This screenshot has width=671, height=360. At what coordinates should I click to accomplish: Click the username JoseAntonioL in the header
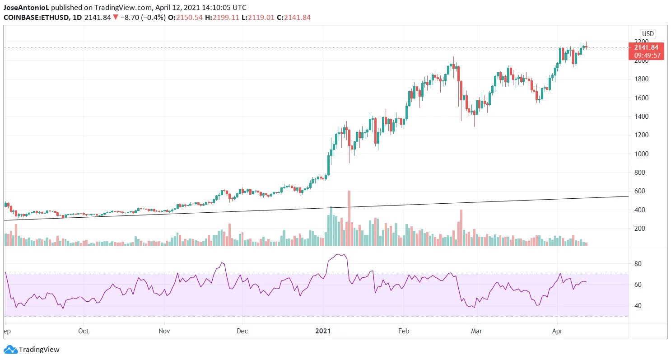26,8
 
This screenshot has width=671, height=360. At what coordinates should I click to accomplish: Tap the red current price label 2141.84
646,47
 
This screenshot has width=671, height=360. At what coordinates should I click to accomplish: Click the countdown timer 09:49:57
647,56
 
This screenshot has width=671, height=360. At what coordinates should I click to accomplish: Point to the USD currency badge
648,34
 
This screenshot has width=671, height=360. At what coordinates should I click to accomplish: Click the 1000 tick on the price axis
641,154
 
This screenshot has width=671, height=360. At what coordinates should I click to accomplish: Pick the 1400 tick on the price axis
641,117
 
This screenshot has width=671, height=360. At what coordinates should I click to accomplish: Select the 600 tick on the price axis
639,192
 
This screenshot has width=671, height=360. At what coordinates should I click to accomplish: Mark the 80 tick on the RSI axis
638,263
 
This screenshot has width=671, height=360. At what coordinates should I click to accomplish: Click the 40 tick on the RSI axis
638,306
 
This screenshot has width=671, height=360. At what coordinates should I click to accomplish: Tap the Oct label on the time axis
84,331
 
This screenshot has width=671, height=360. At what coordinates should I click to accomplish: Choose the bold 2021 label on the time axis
323,331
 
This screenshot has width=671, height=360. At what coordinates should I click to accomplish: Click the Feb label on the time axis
403,331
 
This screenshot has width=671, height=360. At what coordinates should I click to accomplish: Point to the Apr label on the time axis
557,331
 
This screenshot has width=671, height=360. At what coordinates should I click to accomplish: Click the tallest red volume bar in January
349,218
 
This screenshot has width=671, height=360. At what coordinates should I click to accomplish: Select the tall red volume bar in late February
461,228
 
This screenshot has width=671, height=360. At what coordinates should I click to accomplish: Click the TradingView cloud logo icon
10,349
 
